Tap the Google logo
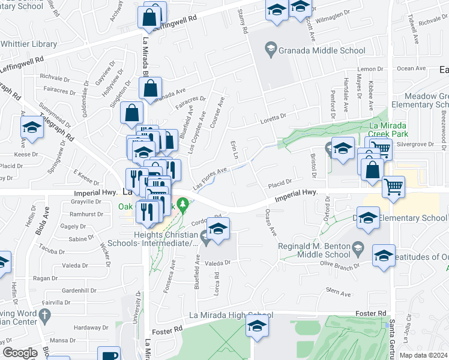coord(20,353)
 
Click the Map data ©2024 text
coord(423,354)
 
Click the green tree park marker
coord(185,208)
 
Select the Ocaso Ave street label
coord(271,221)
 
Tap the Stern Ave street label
coord(337,293)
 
